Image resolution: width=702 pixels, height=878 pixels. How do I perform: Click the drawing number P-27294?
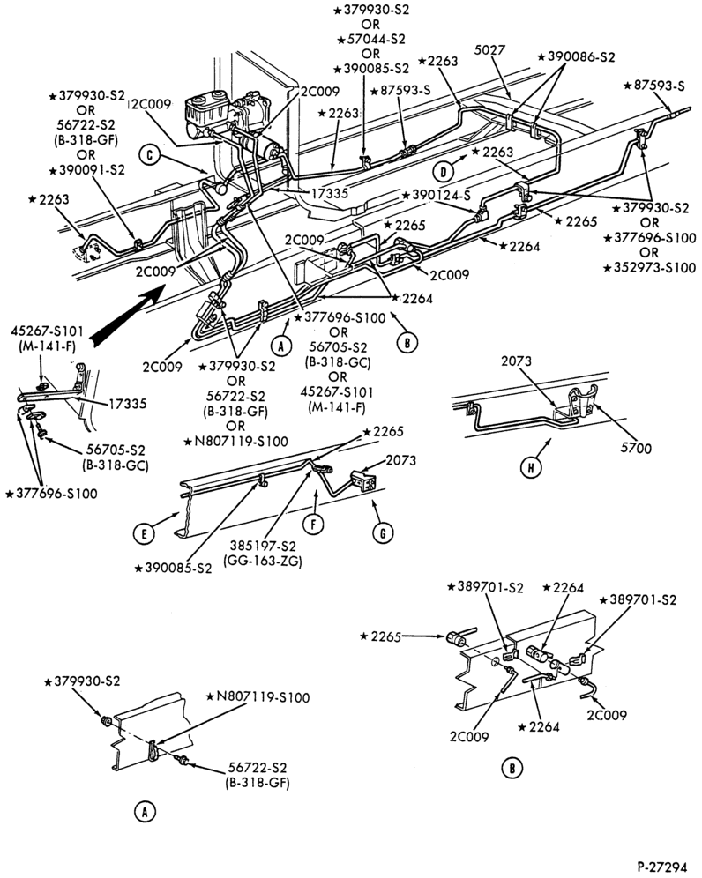click(661, 867)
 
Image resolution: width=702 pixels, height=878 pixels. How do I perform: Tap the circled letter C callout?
click(150, 154)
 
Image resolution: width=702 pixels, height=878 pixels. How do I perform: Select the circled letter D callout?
click(444, 171)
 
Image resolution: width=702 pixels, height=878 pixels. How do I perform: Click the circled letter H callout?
click(530, 468)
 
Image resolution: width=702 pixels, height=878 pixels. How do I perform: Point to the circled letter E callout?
click(144, 534)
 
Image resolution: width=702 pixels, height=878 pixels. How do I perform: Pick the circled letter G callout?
click(383, 533)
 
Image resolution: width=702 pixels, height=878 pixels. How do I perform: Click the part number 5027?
click(489, 50)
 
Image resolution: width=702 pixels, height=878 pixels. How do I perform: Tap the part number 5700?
click(636, 448)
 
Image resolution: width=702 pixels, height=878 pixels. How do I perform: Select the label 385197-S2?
click(262, 546)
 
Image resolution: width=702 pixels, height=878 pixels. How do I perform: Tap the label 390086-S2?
click(576, 57)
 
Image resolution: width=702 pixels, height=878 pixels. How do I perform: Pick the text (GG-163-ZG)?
click(262, 561)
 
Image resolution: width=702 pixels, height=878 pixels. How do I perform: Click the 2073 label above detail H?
click(516, 361)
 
